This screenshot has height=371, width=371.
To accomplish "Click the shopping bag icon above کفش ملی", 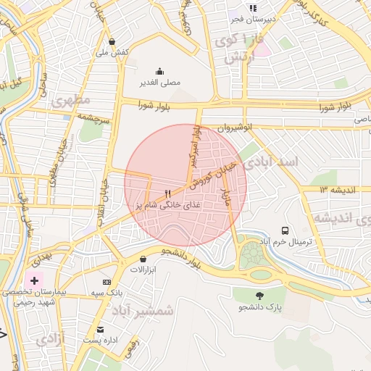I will click(x=112, y=42).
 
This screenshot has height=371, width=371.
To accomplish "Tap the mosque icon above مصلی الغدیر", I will click(x=159, y=71).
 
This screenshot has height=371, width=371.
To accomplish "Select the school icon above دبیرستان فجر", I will click(x=252, y=8).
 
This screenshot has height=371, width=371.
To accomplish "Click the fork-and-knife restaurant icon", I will click(x=168, y=193).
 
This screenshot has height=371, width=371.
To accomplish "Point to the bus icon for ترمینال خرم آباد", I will click(x=285, y=230).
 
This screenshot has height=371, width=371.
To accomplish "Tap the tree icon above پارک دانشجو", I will click(x=259, y=295).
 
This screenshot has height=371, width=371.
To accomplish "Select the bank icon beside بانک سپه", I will click(x=107, y=282).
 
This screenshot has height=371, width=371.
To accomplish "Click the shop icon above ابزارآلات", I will click(x=143, y=258).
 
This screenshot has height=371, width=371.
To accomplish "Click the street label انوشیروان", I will click(x=235, y=128).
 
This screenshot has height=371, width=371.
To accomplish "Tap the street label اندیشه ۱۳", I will click(x=334, y=189).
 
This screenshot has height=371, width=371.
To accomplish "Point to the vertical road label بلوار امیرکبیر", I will click(x=194, y=144).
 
